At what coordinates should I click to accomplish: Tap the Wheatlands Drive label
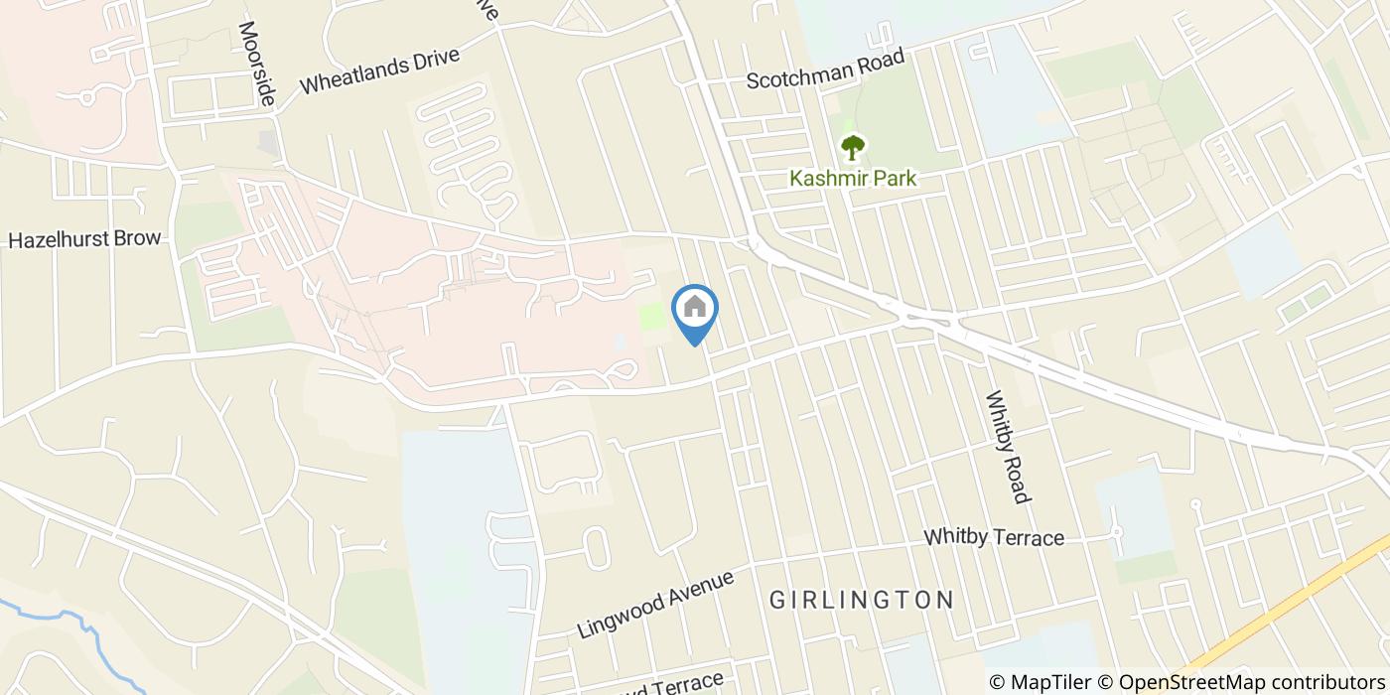379,69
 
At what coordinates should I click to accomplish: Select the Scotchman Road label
826,69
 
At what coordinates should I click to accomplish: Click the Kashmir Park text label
852,179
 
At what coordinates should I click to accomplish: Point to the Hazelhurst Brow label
84,240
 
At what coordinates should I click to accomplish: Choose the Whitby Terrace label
994,537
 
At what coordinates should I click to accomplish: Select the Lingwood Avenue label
655,603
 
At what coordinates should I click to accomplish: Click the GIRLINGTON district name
862,600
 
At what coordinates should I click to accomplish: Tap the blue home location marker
695,310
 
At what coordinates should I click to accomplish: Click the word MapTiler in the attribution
1048,682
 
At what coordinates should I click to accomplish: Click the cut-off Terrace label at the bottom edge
675,686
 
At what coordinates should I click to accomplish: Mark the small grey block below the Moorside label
268,142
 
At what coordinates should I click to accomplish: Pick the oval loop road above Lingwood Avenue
596,547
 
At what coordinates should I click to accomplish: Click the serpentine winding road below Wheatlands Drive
467,149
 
